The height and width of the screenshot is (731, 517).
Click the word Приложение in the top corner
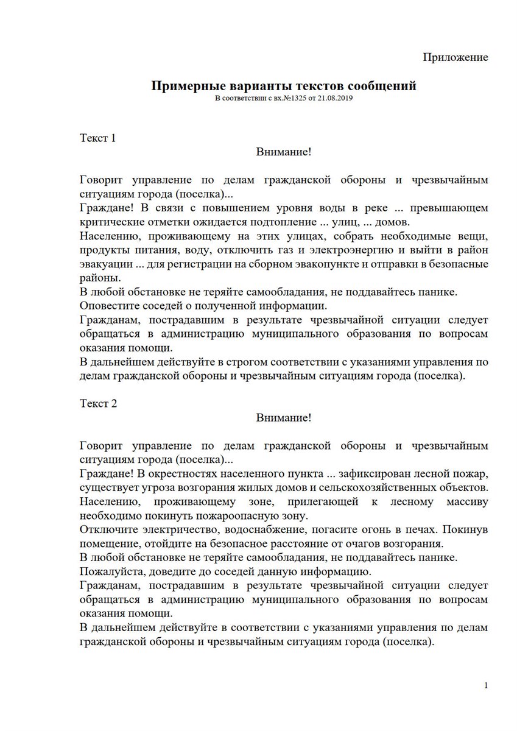coord(455,57)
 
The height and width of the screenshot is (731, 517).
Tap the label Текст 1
coord(97,138)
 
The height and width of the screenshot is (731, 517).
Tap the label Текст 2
coord(97,403)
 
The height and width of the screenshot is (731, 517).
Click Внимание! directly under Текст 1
coord(284,152)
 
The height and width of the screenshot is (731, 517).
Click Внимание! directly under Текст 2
coord(284,417)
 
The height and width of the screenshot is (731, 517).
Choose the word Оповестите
coord(107,306)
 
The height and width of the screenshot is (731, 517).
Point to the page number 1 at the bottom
coord(486,686)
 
